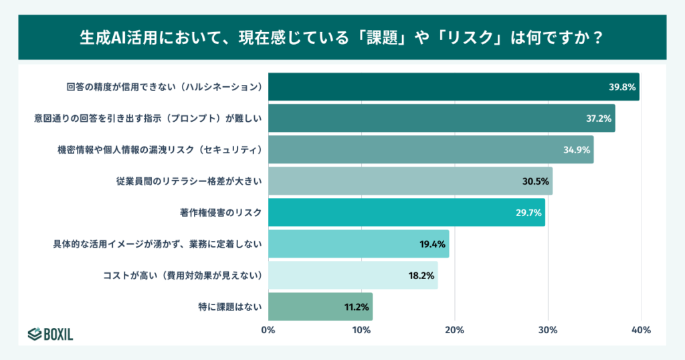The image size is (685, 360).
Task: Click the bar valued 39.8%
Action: (454, 87)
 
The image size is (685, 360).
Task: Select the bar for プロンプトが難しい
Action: (442, 118)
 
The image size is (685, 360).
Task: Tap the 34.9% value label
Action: (577, 150)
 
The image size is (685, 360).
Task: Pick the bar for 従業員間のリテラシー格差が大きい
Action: (410, 181)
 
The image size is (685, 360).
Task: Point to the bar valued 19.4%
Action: (358, 244)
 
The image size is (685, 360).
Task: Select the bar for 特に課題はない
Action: (320, 306)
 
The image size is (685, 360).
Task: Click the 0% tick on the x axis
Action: (268, 330)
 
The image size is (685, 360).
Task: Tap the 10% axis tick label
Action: (361, 330)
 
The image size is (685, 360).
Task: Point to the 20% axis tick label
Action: (455, 330)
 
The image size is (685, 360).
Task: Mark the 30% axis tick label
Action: (548, 330)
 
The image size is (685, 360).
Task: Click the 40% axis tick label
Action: (641, 330)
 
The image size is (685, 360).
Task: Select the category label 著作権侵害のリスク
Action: (220, 213)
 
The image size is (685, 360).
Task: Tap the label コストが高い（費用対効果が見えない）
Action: (182, 276)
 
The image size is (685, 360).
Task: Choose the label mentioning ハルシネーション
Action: (163, 87)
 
